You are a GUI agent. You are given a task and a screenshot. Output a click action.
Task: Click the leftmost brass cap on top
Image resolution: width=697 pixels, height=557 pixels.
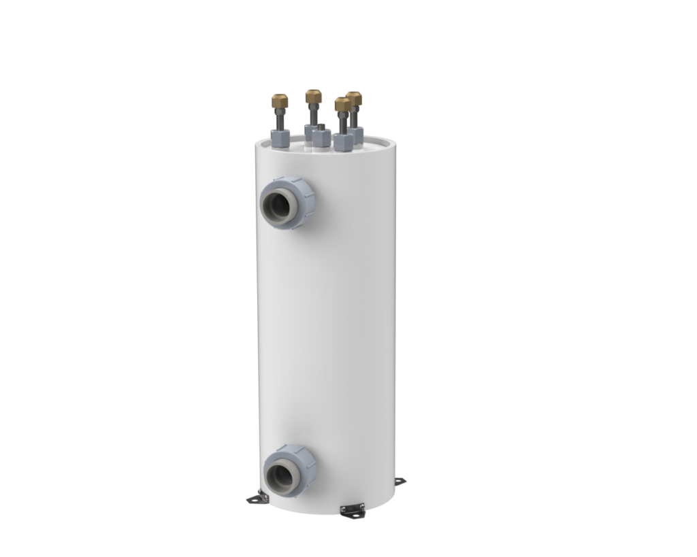coord(280,101)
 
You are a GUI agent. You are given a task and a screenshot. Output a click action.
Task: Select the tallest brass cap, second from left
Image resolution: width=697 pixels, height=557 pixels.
coord(314,96)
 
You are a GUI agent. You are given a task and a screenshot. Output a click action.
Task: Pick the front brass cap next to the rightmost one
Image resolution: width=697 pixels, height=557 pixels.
coord(342,104)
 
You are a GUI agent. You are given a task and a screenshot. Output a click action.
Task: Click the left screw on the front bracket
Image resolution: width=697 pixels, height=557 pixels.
coord(343,509)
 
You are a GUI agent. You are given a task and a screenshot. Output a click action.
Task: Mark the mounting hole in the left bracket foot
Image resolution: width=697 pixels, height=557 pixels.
coord(255,501)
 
